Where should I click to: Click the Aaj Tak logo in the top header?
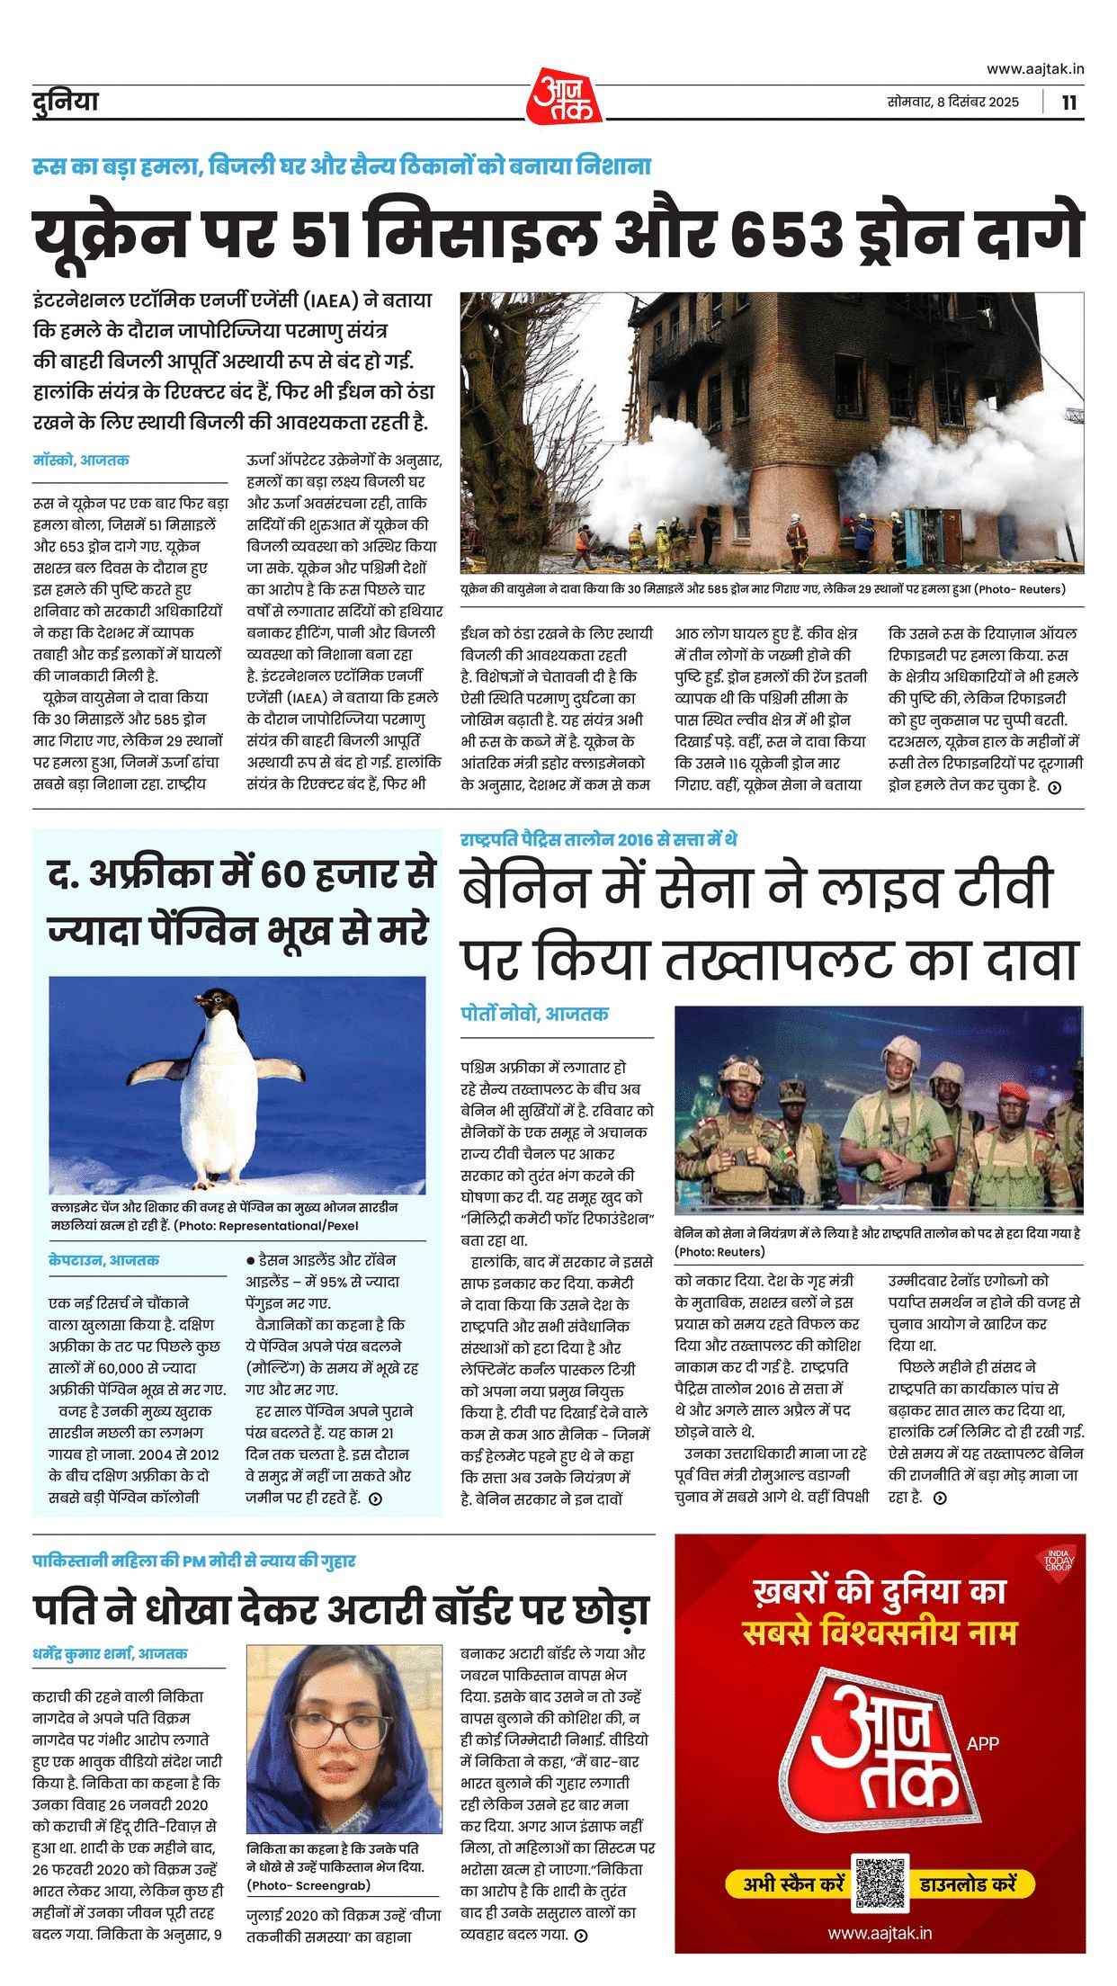(x=558, y=95)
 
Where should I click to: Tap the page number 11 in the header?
(x=1068, y=102)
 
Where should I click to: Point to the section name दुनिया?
(x=62, y=102)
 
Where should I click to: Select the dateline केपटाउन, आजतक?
(x=104, y=1260)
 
